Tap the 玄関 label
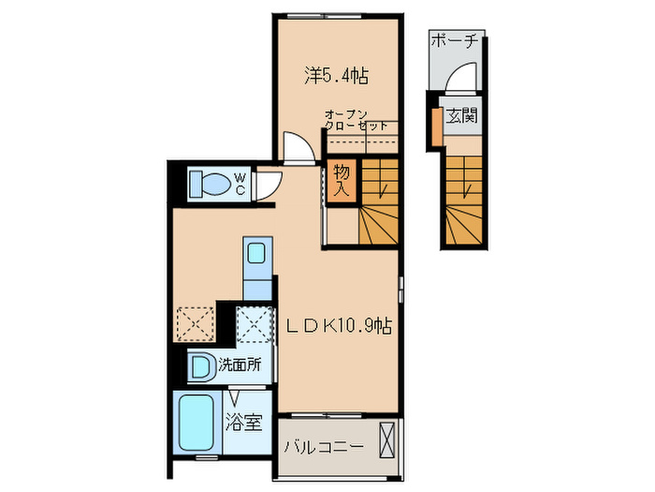pos(461,116)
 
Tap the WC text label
pos(240,184)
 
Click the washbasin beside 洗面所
pos(200,365)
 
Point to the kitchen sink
pos(255,252)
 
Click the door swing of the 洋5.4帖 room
pos(298,148)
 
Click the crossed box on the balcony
pos(387,440)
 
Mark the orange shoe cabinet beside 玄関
pos(435,127)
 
